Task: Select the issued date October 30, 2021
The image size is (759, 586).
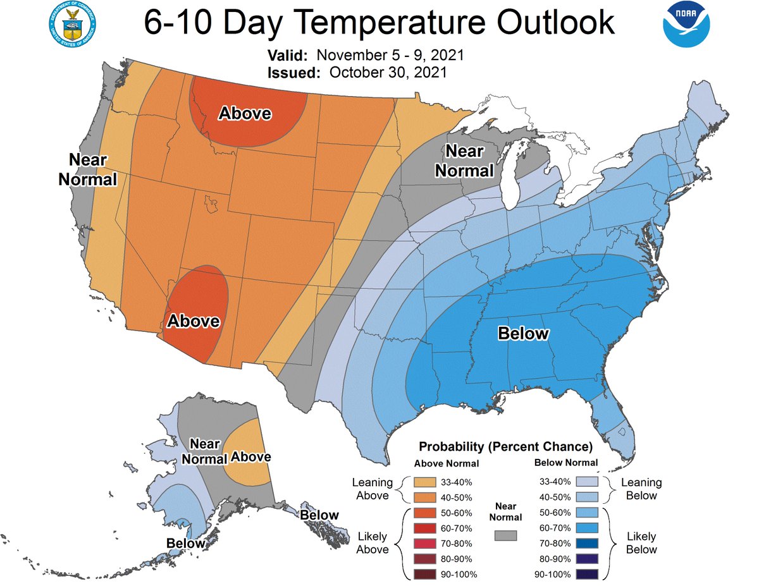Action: click(388, 72)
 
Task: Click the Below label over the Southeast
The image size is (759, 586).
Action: click(523, 333)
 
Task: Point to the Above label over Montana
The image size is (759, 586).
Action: click(245, 113)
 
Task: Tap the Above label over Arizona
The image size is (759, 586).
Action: click(193, 321)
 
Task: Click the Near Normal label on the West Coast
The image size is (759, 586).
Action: click(88, 170)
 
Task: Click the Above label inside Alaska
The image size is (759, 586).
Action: click(251, 456)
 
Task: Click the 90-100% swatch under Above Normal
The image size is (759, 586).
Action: click(426, 574)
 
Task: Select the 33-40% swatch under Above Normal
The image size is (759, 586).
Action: click(426, 482)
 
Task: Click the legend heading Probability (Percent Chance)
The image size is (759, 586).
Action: click(505, 446)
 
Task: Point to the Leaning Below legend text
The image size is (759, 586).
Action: click(641, 489)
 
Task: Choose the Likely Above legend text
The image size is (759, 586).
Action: click(373, 543)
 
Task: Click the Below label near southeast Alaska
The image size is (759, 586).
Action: click(319, 515)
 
